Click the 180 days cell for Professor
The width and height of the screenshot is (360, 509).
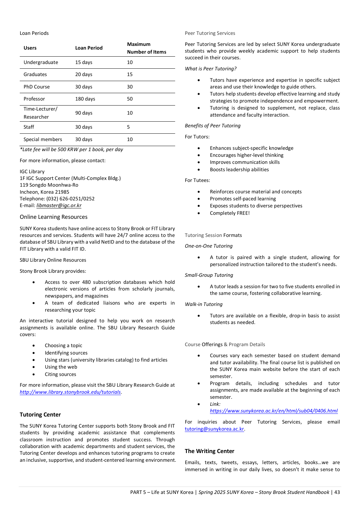point(85,99)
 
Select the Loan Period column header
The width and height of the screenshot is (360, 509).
point(89,48)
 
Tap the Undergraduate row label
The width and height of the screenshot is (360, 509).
point(41,62)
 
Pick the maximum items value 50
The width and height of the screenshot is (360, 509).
point(130,99)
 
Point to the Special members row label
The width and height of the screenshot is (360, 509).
point(43,139)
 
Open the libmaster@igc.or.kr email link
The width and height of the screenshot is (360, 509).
point(59,205)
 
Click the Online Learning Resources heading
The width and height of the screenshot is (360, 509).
point(54,217)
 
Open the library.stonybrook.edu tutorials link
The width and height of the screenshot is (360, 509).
point(70,392)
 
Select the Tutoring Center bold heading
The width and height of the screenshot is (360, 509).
point(40,415)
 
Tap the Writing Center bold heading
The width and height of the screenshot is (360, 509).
point(209,451)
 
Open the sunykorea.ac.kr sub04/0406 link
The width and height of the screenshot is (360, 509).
point(274,411)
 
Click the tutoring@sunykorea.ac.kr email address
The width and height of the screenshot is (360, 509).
point(214,429)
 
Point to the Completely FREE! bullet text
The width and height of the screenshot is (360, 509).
point(230,213)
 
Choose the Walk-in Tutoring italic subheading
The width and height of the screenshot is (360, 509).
point(204,304)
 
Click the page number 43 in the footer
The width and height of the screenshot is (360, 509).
point(337,492)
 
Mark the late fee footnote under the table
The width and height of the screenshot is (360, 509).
point(71,149)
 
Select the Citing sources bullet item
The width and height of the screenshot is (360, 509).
point(60,374)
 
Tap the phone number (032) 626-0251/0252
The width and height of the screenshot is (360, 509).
point(70,199)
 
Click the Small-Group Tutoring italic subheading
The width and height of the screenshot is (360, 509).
point(209,275)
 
